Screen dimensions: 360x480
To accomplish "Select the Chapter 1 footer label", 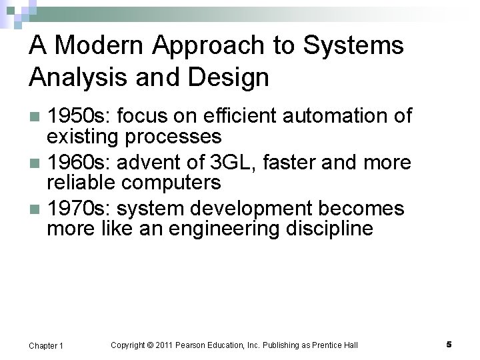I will point(47,345).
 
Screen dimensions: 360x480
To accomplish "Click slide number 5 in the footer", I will point(449,345).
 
